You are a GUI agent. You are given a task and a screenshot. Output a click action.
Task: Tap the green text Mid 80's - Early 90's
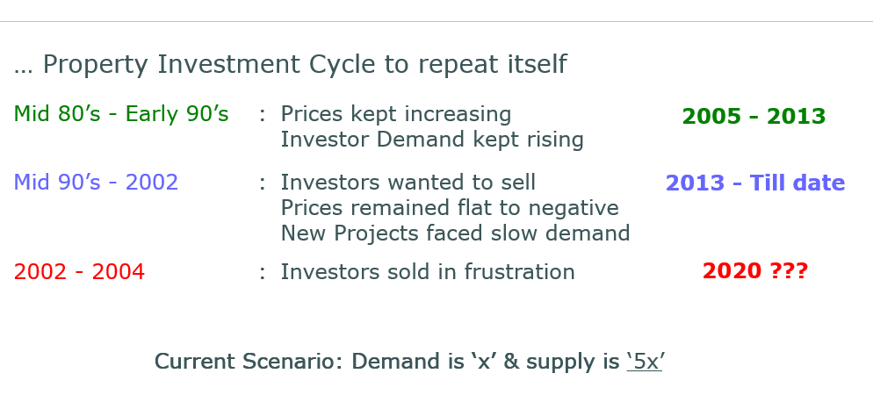[121, 114]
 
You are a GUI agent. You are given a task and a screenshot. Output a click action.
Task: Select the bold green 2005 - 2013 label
[754, 116]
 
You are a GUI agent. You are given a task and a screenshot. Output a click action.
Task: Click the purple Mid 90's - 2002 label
[96, 183]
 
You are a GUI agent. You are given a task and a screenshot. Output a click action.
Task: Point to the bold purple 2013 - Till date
[755, 183]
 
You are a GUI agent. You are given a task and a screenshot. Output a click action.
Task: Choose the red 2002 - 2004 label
[79, 272]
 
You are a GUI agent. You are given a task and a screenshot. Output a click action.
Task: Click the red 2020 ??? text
[755, 271]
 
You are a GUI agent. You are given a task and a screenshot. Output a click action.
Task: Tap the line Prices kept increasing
[396, 114]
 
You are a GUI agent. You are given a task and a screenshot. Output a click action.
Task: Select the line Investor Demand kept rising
[432, 140]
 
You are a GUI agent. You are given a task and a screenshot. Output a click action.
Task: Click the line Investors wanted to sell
[408, 183]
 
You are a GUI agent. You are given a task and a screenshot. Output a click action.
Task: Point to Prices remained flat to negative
[450, 208]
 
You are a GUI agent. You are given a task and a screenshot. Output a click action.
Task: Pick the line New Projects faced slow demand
[456, 233]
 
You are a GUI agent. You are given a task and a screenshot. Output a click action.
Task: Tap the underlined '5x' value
[645, 363]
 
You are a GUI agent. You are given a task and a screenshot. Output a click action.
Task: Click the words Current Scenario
[249, 362]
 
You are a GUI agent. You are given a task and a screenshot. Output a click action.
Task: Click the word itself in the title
[537, 64]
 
